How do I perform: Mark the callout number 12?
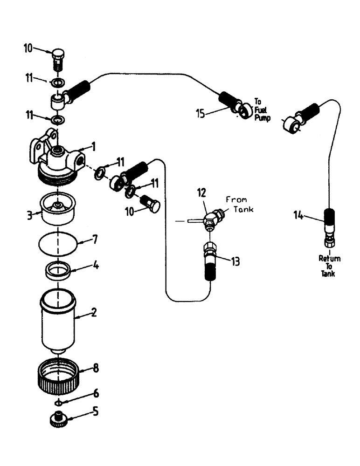coord(201,192)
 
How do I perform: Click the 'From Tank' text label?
coord(239,204)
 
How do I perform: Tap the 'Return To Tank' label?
coord(329,266)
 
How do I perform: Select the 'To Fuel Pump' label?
coord(263,108)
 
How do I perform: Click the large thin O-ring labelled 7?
coord(58,243)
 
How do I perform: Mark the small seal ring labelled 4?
coord(58,271)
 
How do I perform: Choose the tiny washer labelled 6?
coord(58,401)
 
